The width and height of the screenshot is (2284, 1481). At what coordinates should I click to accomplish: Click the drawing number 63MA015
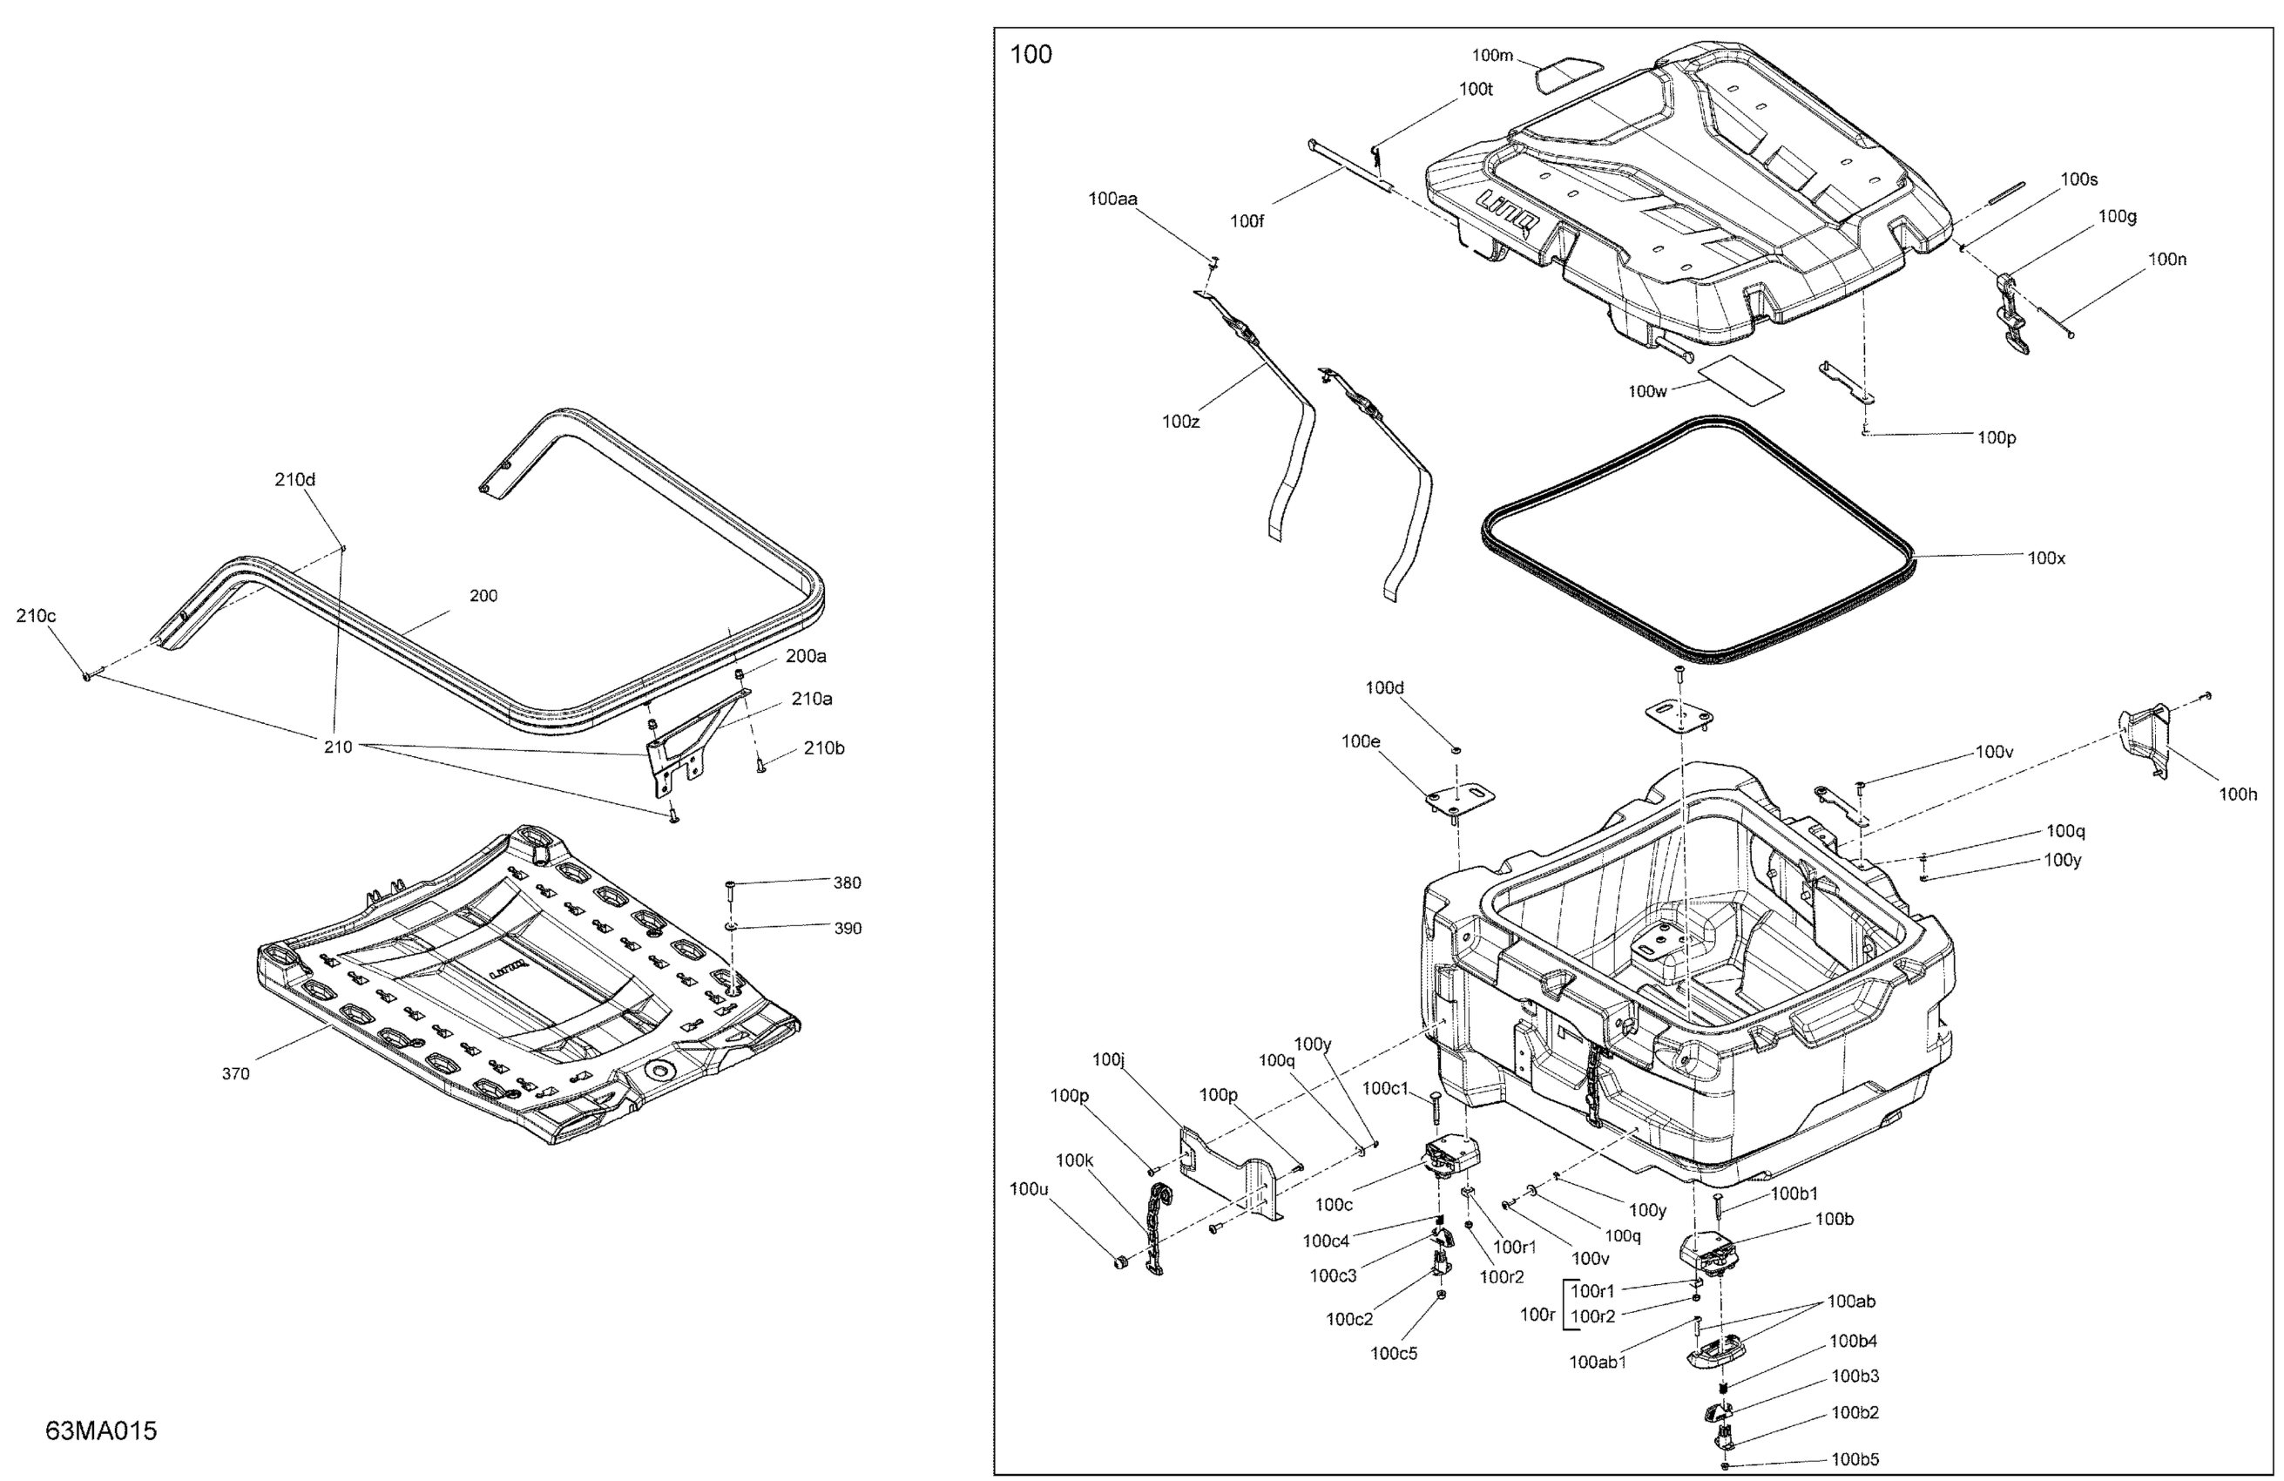point(101,1430)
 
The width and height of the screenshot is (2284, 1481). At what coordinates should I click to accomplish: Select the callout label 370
point(235,1074)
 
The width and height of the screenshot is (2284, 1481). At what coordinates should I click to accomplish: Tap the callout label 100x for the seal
point(2046,558)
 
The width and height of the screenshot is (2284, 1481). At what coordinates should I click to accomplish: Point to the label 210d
point(294,479)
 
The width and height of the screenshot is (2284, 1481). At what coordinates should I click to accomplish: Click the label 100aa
point(1112,199)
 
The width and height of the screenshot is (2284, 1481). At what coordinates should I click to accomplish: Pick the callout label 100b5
point(1855,1459)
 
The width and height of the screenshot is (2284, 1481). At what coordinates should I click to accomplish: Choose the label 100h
point(2238,794)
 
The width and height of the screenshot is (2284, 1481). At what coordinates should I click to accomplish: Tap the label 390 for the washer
point(848,928)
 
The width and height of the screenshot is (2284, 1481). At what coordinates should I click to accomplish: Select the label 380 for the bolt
point(847,883)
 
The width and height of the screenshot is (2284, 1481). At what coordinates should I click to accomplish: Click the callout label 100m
point(1492,56)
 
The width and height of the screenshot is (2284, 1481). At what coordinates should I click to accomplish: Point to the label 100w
point(1648,390)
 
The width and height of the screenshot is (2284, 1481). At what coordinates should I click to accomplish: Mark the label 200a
point(805,655)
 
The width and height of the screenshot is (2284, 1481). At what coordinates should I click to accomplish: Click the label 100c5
point(1394,1353)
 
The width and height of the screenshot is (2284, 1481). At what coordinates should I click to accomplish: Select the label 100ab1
point(1598,1361)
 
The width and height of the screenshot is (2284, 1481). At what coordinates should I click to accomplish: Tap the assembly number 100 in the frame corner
point(1031,55)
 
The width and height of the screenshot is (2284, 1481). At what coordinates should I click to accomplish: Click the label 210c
point(36,615)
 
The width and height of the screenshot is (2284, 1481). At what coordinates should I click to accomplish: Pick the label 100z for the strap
point(1180,421)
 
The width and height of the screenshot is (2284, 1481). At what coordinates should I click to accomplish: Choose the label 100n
point(2167,259)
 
